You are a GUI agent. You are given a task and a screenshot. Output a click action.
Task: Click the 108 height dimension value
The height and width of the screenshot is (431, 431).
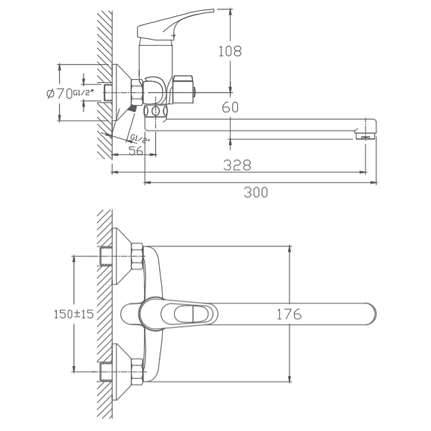pyautogui.click(x=230, y=51)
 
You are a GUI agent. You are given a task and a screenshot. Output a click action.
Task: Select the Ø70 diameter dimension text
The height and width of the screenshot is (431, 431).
pyautogui.click(x=59, y=93)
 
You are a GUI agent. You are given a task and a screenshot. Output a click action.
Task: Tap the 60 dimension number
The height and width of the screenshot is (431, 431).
pyautogui.click(x=230, y=107)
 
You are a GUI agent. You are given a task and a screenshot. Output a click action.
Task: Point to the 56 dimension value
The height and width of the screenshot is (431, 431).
pyautogui.click(x=136, y=150)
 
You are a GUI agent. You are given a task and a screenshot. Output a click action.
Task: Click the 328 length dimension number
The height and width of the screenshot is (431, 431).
pyautogui.click(x=237, y=165)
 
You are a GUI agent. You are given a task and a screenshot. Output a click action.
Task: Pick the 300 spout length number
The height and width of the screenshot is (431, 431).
pyautogui.click(x=256, y=192)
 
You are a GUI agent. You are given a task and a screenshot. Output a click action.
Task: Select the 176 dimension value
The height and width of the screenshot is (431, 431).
pyautogui.click(x=289, y=314)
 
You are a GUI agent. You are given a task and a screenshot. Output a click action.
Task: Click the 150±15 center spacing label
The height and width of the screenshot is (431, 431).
pyautogui.click(x=73, y=314)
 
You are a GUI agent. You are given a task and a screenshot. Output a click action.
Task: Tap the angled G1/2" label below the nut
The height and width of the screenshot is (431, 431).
pyautogui.click(x=140, y=138)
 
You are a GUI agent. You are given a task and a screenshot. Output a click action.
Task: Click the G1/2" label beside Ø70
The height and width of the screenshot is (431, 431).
pyautogui.click(x=83, y=92)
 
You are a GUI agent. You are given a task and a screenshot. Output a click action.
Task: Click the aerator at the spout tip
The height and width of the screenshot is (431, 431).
pyautogui.click(x=365, y=136)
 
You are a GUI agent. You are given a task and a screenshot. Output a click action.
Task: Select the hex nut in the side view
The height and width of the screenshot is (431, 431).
pyautogui.click(x=138, y=92)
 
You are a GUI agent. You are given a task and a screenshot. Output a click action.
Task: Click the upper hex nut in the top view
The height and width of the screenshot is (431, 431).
pyautogui.click(x=137, y=256)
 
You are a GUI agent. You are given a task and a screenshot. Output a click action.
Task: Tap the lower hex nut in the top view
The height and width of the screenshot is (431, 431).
pyautogui.click(x=137, y=372)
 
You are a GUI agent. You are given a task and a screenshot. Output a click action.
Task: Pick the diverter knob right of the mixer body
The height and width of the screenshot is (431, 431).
pyautogui.click(x=184, y=89)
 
